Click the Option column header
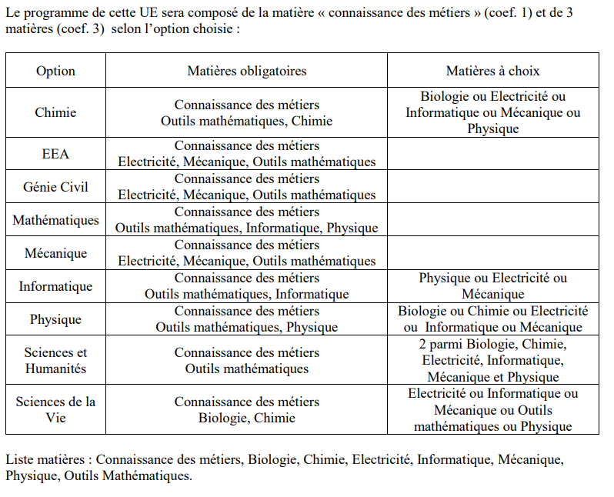click(x=55, y=71)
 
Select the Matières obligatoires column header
click(x=247, y=71)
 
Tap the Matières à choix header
click(x=492, y=71)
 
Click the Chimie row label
click(x=55, y=112)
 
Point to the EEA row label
click(x=55, y=154)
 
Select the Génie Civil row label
click(x=55, y=187)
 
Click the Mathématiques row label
click(x=55, y=220)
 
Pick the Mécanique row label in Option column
click(x=55, y=253)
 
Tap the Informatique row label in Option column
click(x=55, y=286)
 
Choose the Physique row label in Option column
click(x=55, y=319)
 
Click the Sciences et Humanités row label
click(x=55, y=360)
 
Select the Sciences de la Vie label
click(x=55, y=409)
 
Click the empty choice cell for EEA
click(x=492, y=154)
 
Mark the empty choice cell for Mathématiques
click(x=492, y=220)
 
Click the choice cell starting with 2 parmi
click(x=492, y=360)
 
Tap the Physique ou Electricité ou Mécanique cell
click(x=492, y=286)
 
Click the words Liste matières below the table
click(x=47, y=459)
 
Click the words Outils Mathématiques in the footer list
click(x=127, y=476)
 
